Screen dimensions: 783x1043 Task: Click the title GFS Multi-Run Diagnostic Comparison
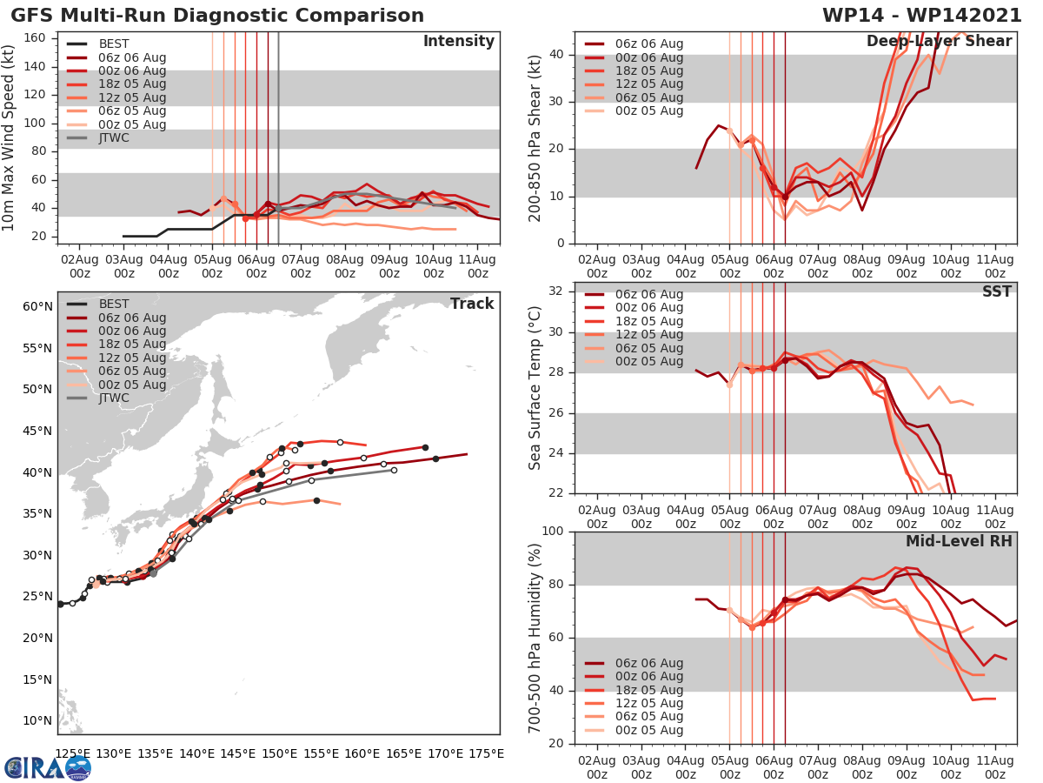pyautogui.click(x=217, y=16)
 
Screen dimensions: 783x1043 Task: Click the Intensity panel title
pyautogui.click(x=458, y=42)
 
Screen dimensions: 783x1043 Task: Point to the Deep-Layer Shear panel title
pyautogui.click(x=939, y=42)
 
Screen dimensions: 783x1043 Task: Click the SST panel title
pyautogui.click(x=997, y=291)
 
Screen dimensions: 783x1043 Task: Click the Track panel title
pyautogui.click(x=472, y=304)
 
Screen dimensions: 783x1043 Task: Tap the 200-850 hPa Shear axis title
pyautogui.click(x=536, y=137)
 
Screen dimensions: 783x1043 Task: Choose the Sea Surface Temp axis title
pyautogui.click(x=536, y=387)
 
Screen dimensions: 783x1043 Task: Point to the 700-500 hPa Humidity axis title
pyautogui.click(x=536, y=637)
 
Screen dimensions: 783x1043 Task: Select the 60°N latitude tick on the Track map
pyautogui.click(x=36, y=306)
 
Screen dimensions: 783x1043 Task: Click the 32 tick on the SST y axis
pyautogui.click(x=557, y=291)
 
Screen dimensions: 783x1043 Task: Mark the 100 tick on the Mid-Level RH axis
pyautogui.click(x=553, y=531)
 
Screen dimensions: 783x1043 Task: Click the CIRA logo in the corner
pyautogui.click(x=48, y=767)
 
